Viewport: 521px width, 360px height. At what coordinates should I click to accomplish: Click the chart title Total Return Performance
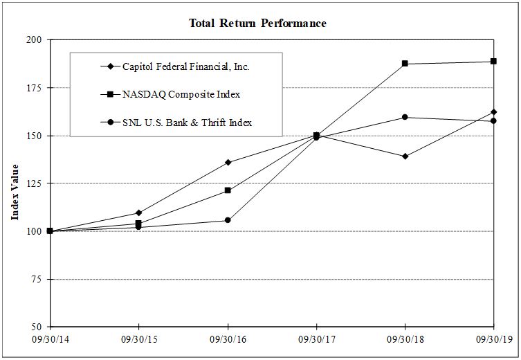point(257,24)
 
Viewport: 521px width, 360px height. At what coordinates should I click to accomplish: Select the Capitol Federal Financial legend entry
point(185,66)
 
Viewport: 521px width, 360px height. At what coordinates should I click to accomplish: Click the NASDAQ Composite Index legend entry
point(181,94)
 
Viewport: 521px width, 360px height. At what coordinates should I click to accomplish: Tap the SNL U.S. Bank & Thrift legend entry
point(187,123)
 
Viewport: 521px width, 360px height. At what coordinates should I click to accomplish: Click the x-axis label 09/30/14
point(50,340)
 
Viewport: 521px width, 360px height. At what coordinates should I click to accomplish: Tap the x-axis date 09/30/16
point(228,340)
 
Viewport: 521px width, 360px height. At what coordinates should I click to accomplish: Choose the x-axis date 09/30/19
point(493,340)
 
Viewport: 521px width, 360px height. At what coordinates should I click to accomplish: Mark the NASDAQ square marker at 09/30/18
point(405,64)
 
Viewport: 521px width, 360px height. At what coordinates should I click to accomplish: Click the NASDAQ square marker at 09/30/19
point(493,62)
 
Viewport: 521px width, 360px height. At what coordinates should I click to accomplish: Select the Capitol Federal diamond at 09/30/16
point(228,163)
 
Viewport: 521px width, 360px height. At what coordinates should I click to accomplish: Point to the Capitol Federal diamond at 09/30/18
point(405,156)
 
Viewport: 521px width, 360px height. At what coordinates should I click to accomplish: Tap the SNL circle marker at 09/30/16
point(228,220)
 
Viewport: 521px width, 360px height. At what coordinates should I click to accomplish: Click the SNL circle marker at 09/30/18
point(405,117)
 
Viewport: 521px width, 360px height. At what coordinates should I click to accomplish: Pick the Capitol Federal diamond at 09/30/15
point(139,213)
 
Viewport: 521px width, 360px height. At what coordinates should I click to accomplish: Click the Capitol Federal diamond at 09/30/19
point(493,111)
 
